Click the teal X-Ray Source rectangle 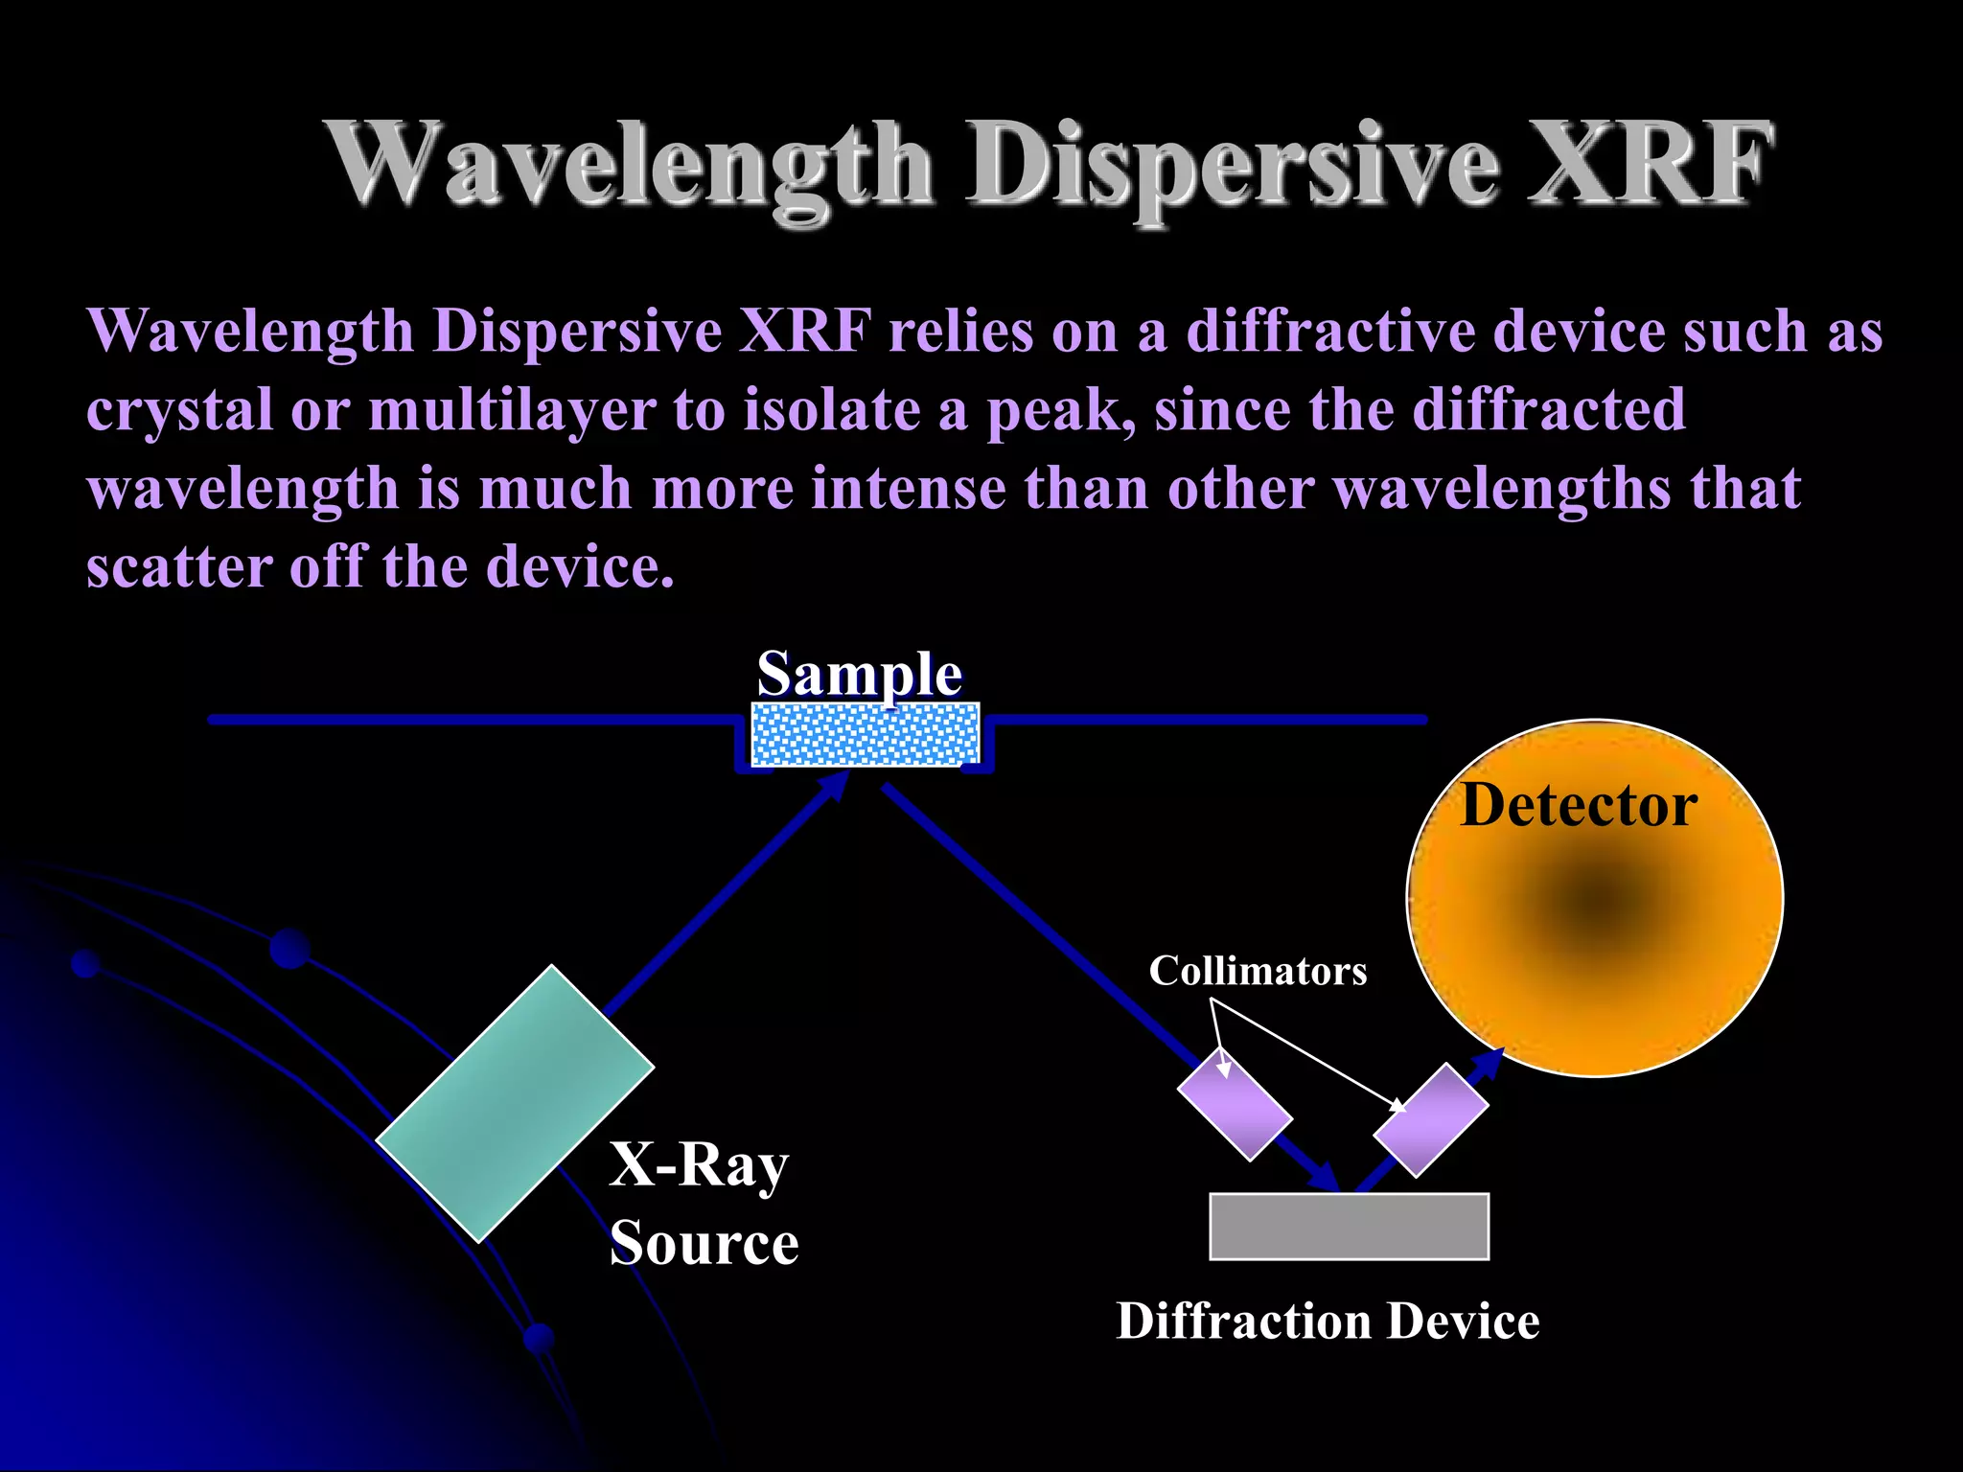(x=515, y=1103)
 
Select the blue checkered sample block (x=865, y=734)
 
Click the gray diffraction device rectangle (x=1349, y=1226)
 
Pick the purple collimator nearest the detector (x=1430, y=1119)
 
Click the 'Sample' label (x=859, y=674)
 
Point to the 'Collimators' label (x=1258, y=971)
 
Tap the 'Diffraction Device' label (x=1328, y=1321)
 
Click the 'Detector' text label (x=1579, y=805)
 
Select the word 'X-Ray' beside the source (x=699, y=1165)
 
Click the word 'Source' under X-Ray (x=704, y=1243)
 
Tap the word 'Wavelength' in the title (x=629, y=165)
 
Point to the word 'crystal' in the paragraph (x=179, y=410)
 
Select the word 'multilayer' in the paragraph (x=513, y=410)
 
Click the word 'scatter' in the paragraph (x=179, y=566)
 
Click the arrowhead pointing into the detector (x=1488, y=1064)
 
